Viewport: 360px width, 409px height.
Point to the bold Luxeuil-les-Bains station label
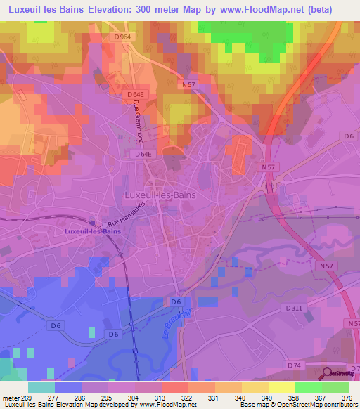click(92, 231)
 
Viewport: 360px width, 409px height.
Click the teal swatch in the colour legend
click(41, 387)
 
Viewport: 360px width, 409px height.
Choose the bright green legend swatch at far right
click(335, 387)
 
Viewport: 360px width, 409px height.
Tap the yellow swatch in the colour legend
click(282, 387)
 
